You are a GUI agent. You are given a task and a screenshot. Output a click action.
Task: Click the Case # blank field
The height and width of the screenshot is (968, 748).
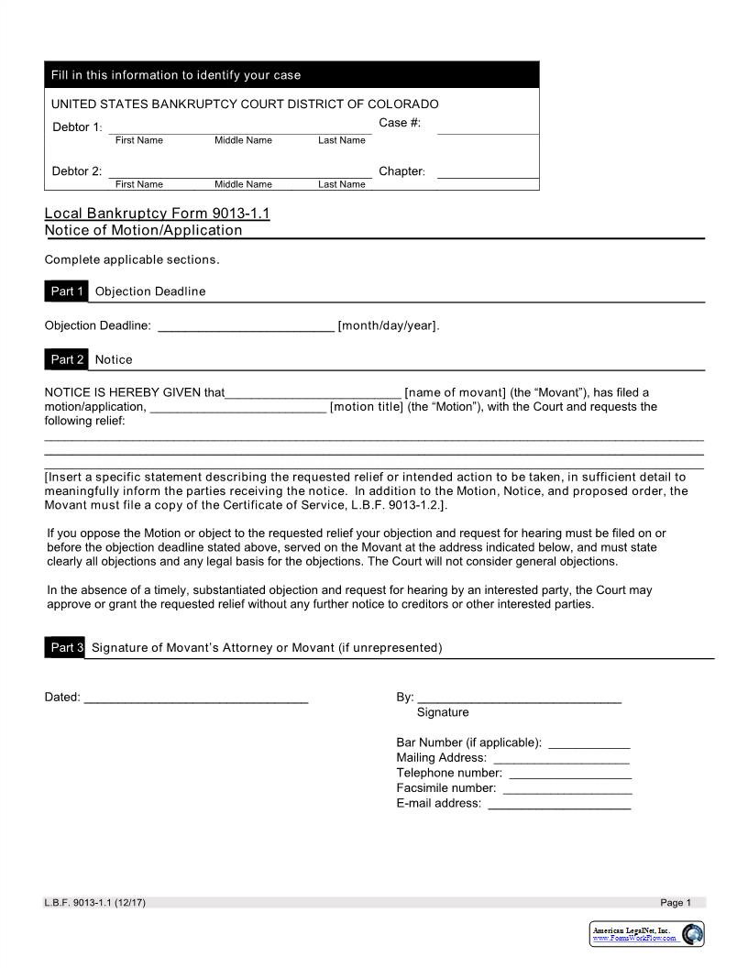[488, 126]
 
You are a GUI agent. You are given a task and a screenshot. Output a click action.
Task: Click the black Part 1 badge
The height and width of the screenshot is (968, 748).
[67, 291]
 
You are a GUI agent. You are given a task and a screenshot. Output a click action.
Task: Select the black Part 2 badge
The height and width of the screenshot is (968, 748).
[67, 359]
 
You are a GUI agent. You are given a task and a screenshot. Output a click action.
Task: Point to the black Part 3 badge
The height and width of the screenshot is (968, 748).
[67, 647]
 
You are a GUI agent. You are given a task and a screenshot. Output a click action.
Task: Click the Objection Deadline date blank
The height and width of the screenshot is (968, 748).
[247, 325]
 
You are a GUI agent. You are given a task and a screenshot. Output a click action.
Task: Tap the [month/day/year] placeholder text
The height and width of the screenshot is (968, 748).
[389, 325]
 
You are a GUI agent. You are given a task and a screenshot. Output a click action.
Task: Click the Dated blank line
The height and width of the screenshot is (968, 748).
[196, 698]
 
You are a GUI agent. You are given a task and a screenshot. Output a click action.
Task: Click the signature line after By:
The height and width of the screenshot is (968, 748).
[519, 698]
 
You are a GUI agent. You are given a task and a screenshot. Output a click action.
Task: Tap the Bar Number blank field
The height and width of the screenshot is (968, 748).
[588, 742]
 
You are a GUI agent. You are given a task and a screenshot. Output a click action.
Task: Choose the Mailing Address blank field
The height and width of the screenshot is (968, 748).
[561, 758]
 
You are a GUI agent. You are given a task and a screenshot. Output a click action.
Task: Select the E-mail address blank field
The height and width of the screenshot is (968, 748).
[559, 804]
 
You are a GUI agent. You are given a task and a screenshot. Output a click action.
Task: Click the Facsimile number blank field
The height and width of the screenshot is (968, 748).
[567, 788]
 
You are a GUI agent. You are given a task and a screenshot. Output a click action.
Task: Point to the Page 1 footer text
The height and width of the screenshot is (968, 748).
[676, 903]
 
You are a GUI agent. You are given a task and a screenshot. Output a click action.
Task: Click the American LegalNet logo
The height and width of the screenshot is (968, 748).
[647, 934]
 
